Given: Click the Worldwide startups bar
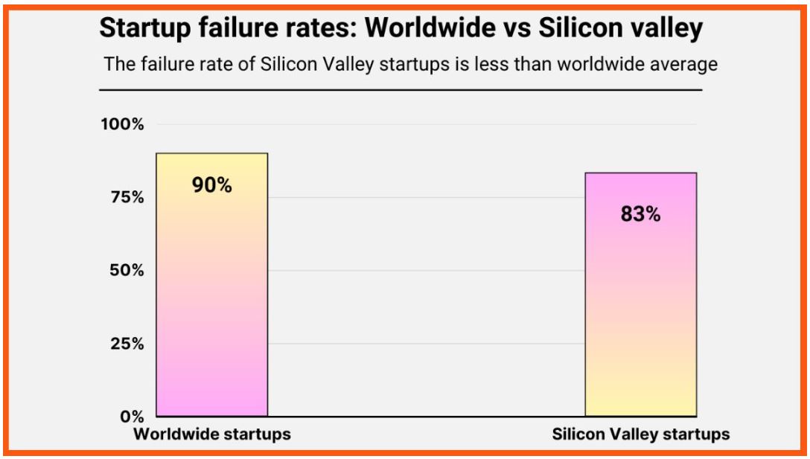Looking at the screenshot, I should tap(211, 298).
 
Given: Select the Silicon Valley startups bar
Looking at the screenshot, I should tap(640, 312).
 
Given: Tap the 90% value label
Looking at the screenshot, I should tap(212, 185).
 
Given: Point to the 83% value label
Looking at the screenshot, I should tap(640, 215).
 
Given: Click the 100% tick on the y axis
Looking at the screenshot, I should tap(122, 124).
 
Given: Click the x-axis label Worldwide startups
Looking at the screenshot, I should tap(212, 434).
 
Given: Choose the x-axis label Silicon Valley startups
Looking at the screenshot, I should tap(640, 434).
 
